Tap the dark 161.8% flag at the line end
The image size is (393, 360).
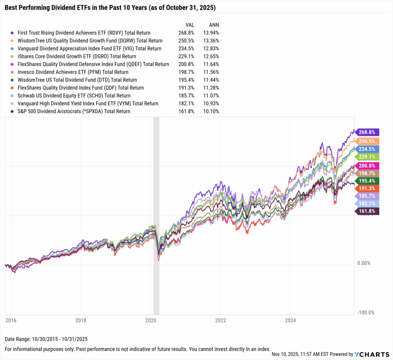pyautogui.click(x=367, y=211)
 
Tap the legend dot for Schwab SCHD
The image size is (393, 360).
pyautogui.click(x=13, y=96)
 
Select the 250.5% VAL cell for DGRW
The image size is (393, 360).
pyautogui.click(x=187, y=41)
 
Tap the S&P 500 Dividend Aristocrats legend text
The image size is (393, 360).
pyautogui.click(x=74, y=112)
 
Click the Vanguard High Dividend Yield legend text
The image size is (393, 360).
pyautogui.click(x=88, y=104)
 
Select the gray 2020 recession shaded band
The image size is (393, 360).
pyautogui.click(x=156, y=215)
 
